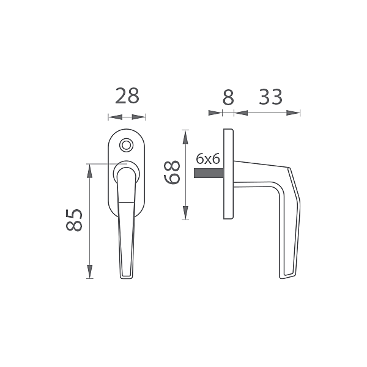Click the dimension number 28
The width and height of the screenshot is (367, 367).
click(x=127, y=96)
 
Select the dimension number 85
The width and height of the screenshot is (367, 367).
click(x=74, y=220)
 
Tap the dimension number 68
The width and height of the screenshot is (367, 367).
click(x=172, y=172)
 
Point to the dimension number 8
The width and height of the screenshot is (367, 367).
click(x=228, y=97)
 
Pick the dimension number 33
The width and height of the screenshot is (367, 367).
click(x=270, y=97)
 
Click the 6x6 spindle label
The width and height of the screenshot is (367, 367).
click(x=208, y=159)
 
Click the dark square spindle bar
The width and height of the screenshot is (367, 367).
click(x=209, y=173)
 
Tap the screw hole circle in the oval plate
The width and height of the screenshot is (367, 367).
click(x=127, y=145)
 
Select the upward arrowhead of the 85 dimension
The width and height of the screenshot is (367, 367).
click(x=89, y=171)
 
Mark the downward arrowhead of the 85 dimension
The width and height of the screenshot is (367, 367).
click(x=89, y=272)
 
